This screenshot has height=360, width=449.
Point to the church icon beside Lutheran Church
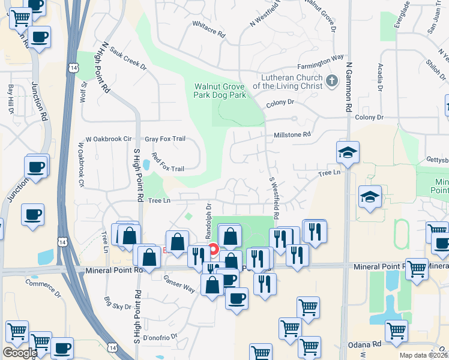click(332, 81)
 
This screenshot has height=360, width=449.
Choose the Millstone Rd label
click(292, 135)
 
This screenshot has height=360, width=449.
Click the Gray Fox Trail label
click(165, 139)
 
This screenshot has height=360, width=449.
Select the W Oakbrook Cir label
click(109, 139)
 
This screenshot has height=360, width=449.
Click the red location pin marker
click(213, 249)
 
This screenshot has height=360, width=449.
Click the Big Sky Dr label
click(118, 303)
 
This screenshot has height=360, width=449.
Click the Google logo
click(20, 353)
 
